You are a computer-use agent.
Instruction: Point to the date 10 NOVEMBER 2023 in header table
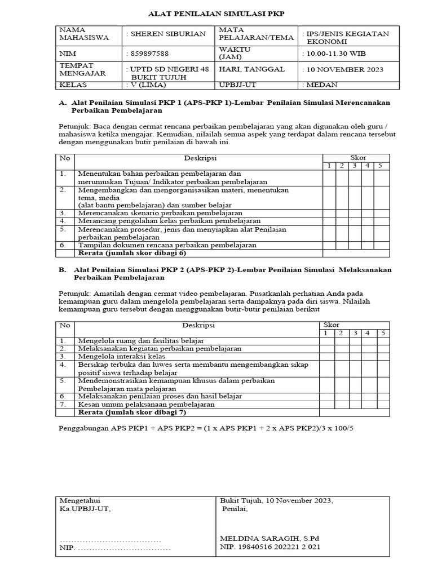(343, 70)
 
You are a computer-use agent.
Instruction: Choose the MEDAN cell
(321, 85)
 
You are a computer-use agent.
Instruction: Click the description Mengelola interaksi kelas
(121, 357)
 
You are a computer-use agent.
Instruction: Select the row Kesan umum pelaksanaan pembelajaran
(146, 405)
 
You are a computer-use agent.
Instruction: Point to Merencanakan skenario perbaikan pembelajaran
(160, 214)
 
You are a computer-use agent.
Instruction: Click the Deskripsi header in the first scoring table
(200, 158)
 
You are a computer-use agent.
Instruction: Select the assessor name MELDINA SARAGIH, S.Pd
(269, 538)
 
